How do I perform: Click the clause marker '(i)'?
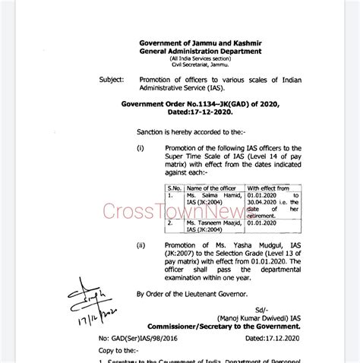pos(140,147)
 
